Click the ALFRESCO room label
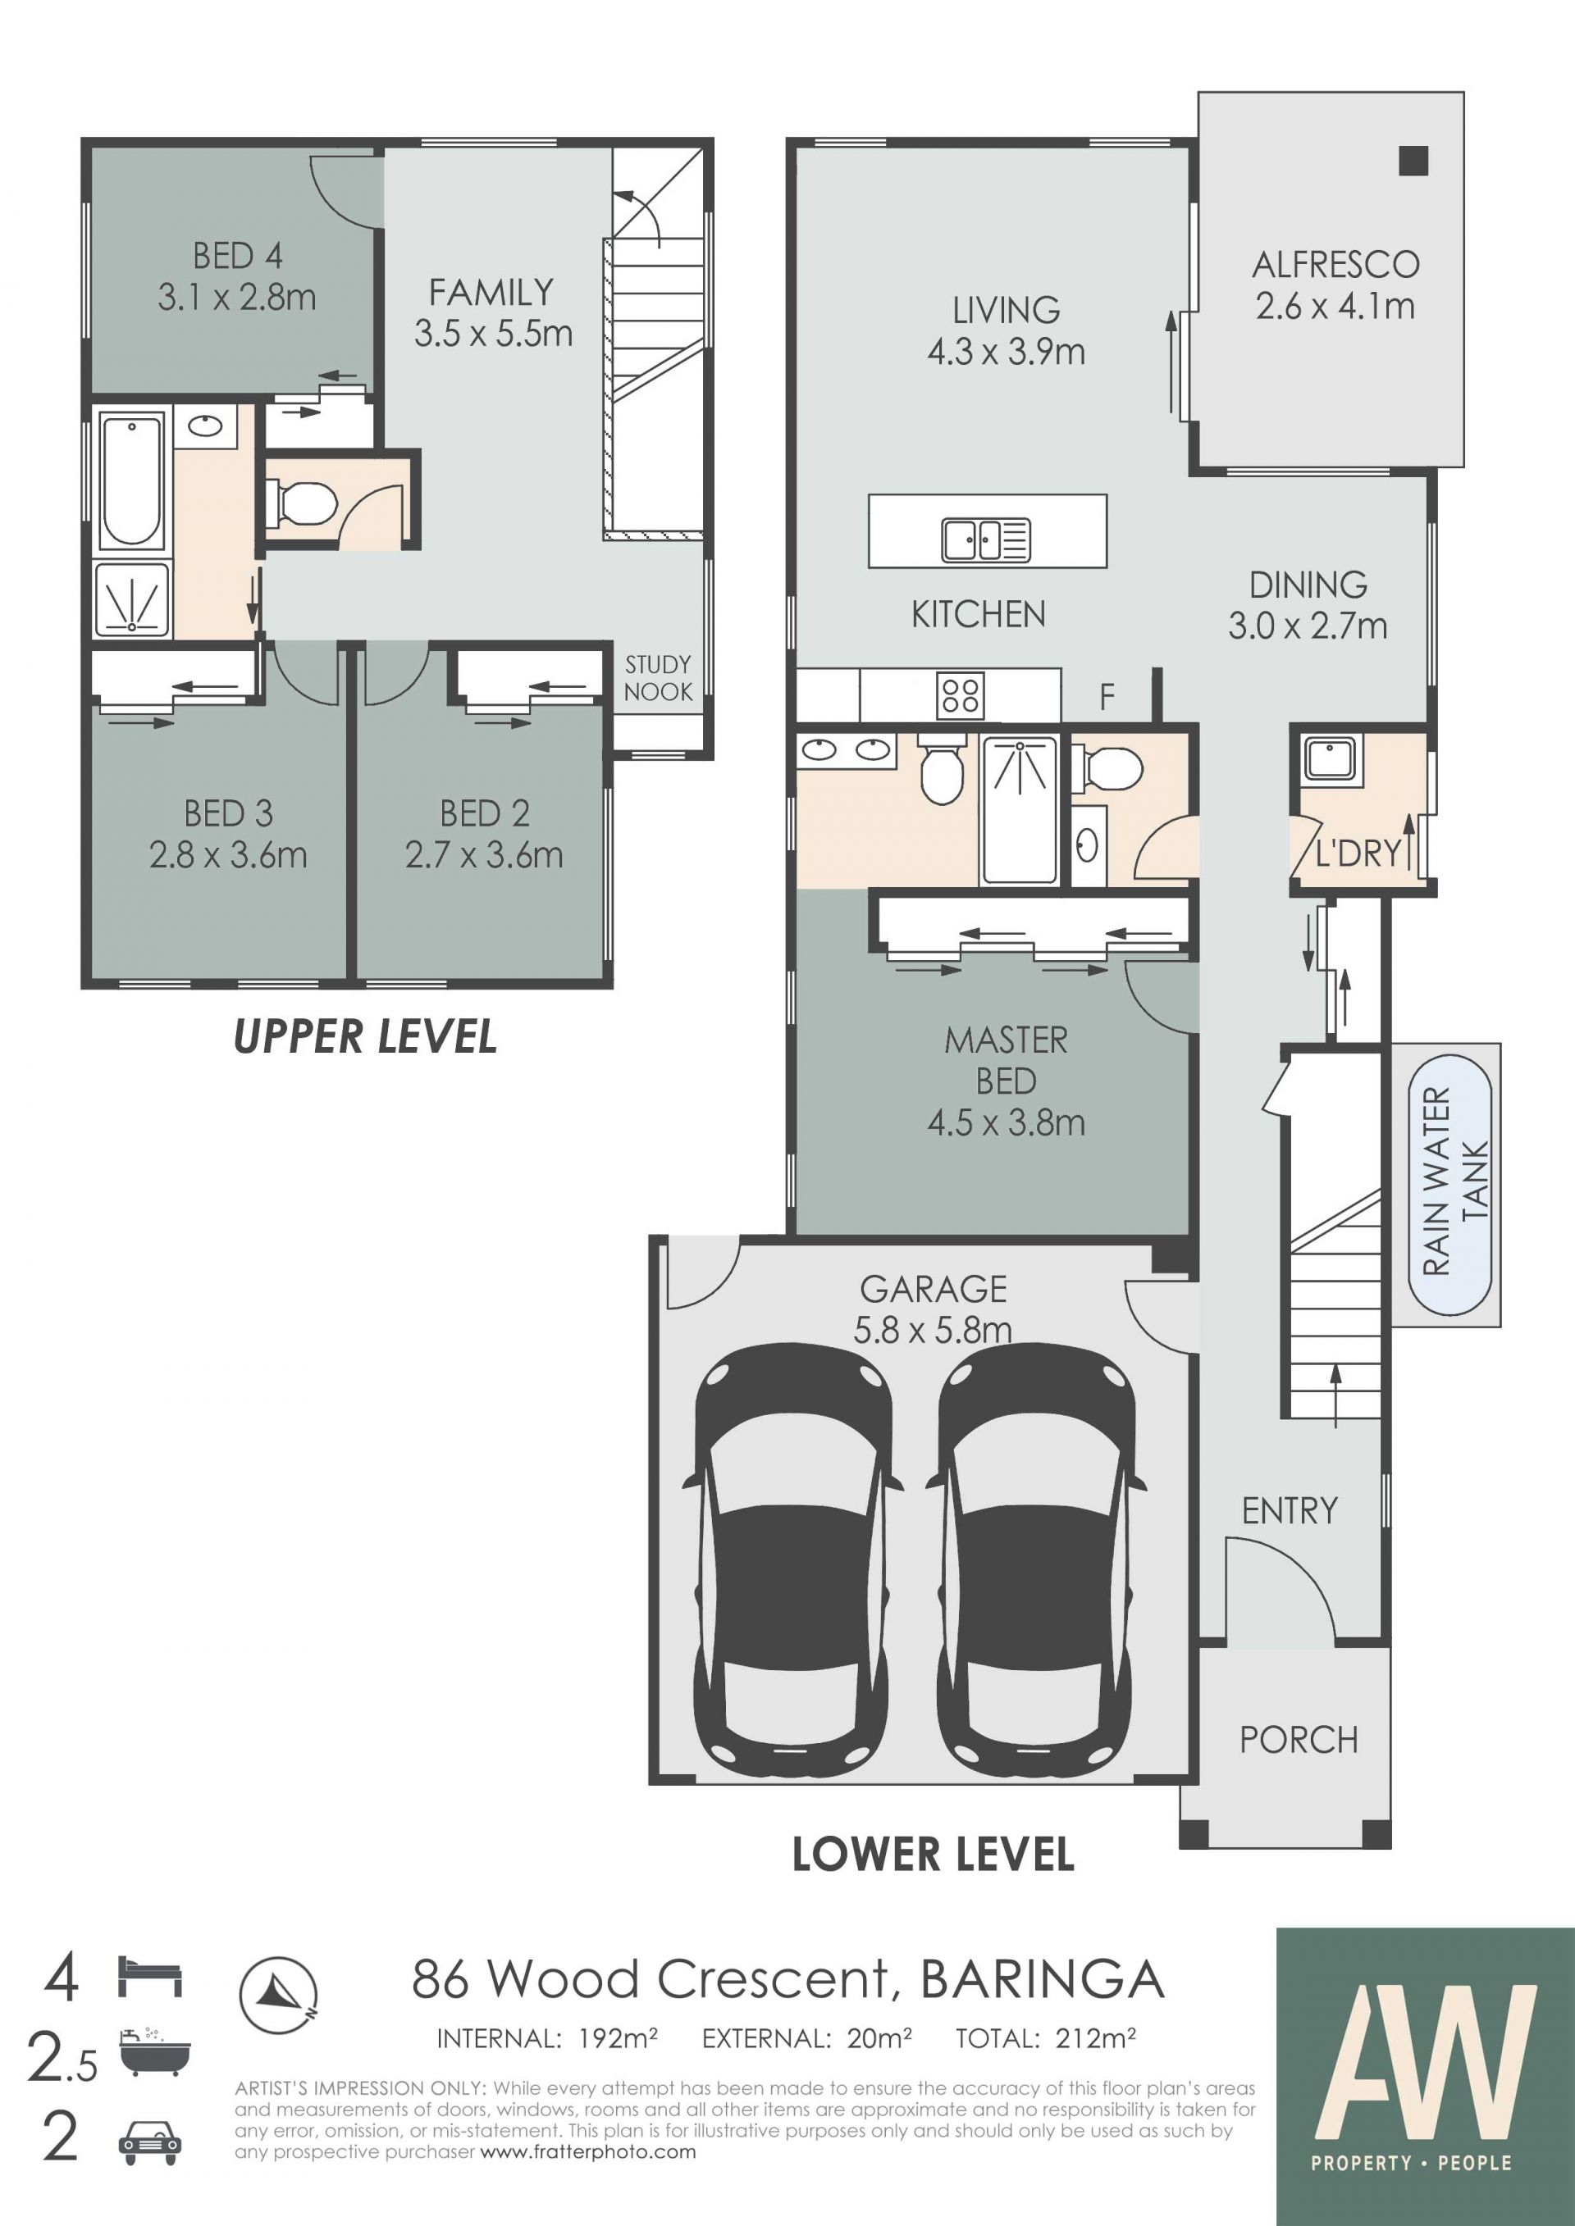click(x=1335, y=265)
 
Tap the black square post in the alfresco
click(x=1414, y=161)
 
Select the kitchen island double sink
click(x=985, y=540)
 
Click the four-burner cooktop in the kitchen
click(x=960, y=695)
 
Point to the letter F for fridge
click(x=1107, y=696)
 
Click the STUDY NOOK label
click(x=659, y=679)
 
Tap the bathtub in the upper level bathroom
click(x=132, y=482)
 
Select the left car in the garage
click(x=792, y=1562)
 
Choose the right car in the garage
click(x=1036, y=1562)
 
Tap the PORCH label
click(x=1299, y=1741)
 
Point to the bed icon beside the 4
click(x=150, y=1977)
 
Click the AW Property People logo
click(x=1425, y=2077)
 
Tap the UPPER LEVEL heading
click(x=366, y=1037)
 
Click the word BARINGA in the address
click(x=1043, y=1980)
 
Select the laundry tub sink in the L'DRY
click(x=1331, y=758)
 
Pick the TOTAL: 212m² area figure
click(x=1045, y=2039)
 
